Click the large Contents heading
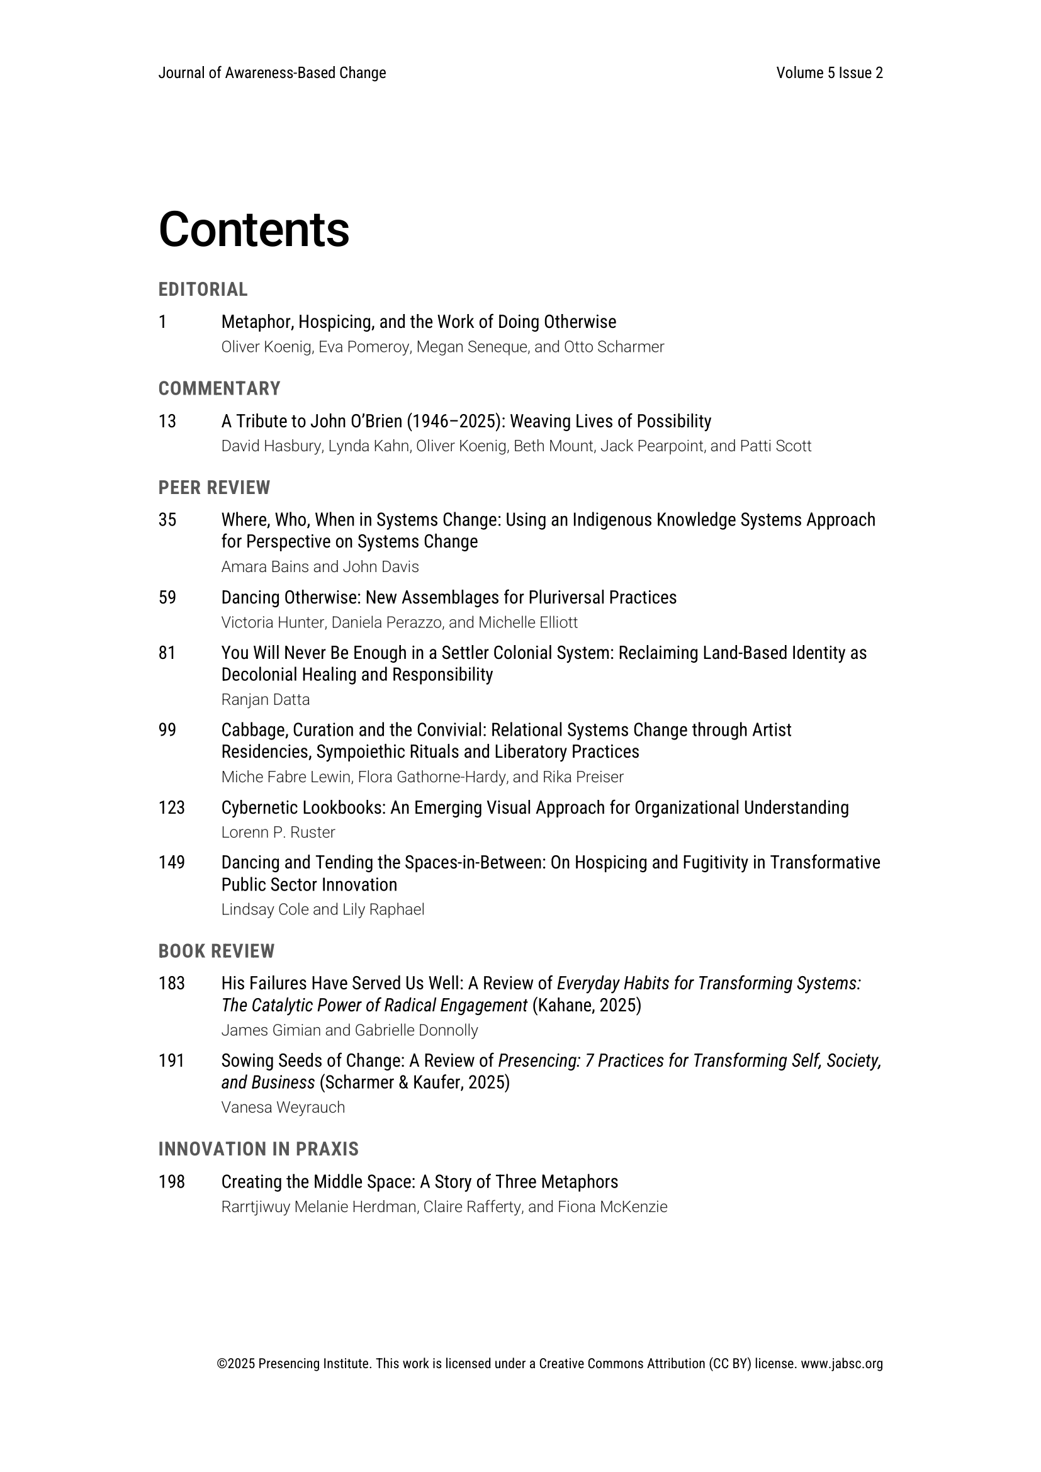[254, 230]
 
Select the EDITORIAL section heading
[203, 289]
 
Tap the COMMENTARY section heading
[219, 388]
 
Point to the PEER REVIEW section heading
[214, 488]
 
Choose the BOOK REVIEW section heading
[216, 952]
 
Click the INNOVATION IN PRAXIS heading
[258, 1150]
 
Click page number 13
[167, 421]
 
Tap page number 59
[167, 597]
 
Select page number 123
[171, 808]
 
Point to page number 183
[171, 984]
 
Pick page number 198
[171, 1183]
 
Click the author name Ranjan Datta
[266, 699]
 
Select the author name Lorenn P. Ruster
[278, 832]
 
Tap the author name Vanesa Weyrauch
[283, 1107]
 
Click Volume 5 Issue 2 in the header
[830, 73]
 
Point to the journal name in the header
[272, 73]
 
